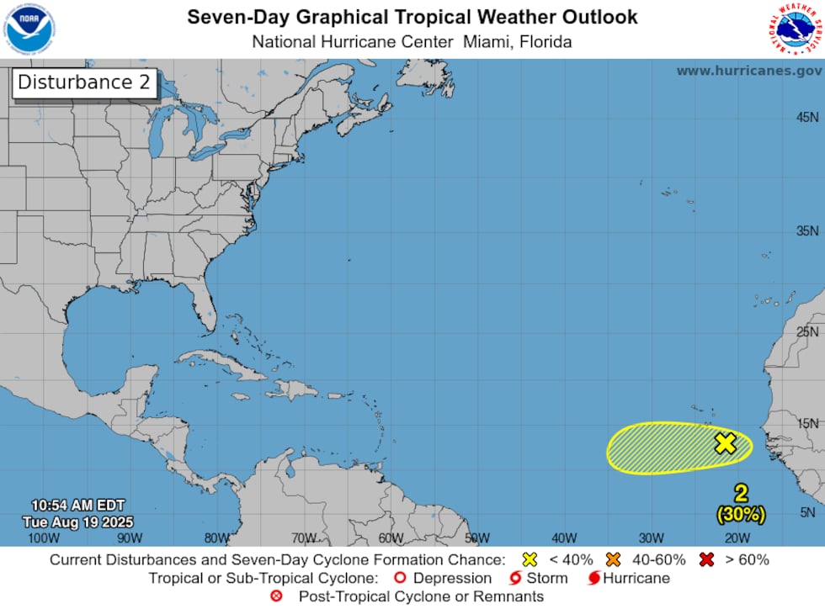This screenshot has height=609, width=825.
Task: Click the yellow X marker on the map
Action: [x=726, y=443]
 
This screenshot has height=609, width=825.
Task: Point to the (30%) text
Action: [x=741, y=512]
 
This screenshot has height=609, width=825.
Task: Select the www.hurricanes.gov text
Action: [x=748, y=71]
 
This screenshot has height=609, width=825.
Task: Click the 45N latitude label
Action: [x=807, y=117]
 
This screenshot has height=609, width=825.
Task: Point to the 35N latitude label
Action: [x=807, y=230]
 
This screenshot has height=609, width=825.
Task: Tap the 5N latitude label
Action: [x=808, y=512]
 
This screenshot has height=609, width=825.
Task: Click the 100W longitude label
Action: [x=43, y=538]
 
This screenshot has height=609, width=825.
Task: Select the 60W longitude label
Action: [x=391, y=538]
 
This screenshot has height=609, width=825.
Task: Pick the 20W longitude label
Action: [x=737, y=538]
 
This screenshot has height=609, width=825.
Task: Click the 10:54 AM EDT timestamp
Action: [x=77, y=506]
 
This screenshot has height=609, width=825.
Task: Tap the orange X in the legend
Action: [x=612, y=559]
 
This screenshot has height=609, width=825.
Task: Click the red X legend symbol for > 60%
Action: [x=705, y=559]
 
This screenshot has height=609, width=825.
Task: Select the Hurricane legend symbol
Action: [x=594, y=578]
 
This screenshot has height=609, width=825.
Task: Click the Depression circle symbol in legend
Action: [x=401, y=578]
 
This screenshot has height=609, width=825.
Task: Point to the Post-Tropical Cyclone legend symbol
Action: [x=276, y=596]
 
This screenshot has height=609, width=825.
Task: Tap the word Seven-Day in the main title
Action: [x=226, y=17]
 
